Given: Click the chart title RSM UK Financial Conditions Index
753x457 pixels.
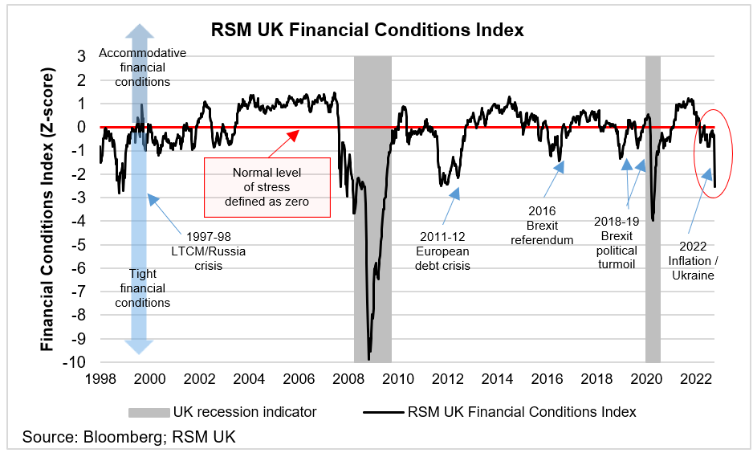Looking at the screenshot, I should (367, 31).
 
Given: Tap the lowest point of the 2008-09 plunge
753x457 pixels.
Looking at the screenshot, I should (368, 359).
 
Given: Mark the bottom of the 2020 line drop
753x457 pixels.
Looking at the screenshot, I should (653, 220).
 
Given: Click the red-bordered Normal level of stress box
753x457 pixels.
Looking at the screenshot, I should (267, 186).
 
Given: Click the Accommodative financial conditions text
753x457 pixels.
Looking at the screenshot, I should (142, 67).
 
